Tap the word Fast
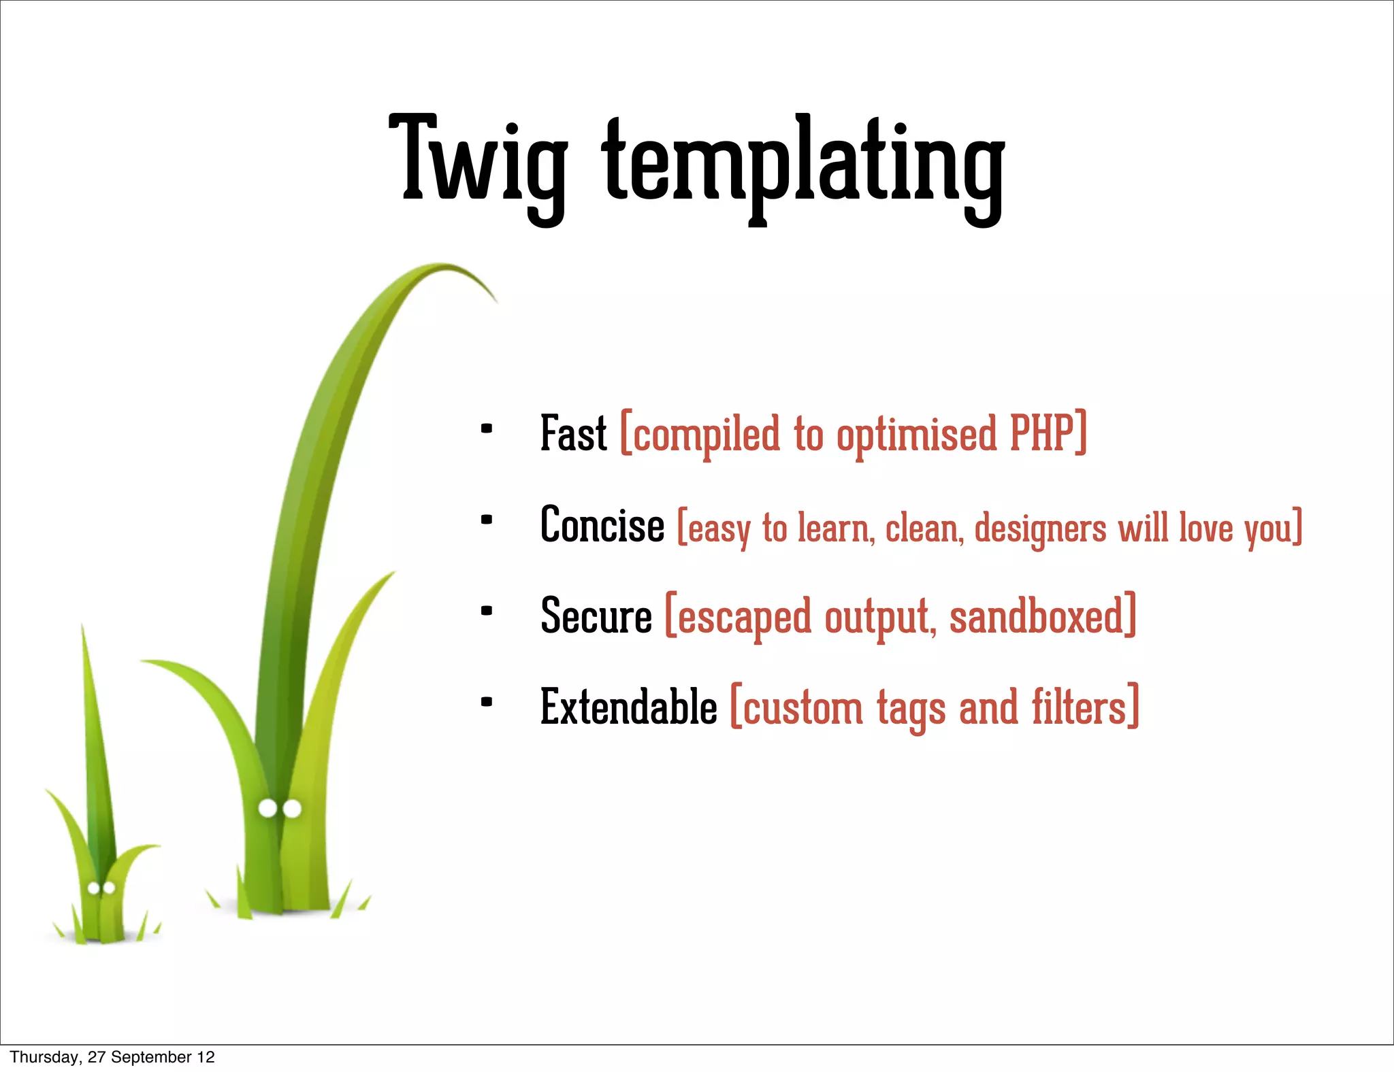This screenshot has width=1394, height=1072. click(x=573, y=434)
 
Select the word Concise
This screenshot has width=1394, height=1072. click(x=602, y=526)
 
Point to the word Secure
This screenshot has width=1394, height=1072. click(x=596, y=616)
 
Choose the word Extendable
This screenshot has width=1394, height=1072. click(x=628, y=707)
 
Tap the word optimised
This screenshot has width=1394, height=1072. click(x=917, y=435)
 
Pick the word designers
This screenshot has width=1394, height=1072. click(x=1040, y=529)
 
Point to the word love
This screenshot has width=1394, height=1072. click(x=1205, y=528)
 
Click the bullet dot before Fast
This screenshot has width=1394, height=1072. click(x=486, y=429)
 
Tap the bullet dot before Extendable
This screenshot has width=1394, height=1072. click(x=486, y=703)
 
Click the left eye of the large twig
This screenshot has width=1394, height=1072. click(x=268, y=808)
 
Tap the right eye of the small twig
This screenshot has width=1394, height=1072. click(x=108, y=888)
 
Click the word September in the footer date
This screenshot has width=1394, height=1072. click(x=151, y=1057)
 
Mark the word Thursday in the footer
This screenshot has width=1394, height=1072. click(x=44, y=1057)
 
